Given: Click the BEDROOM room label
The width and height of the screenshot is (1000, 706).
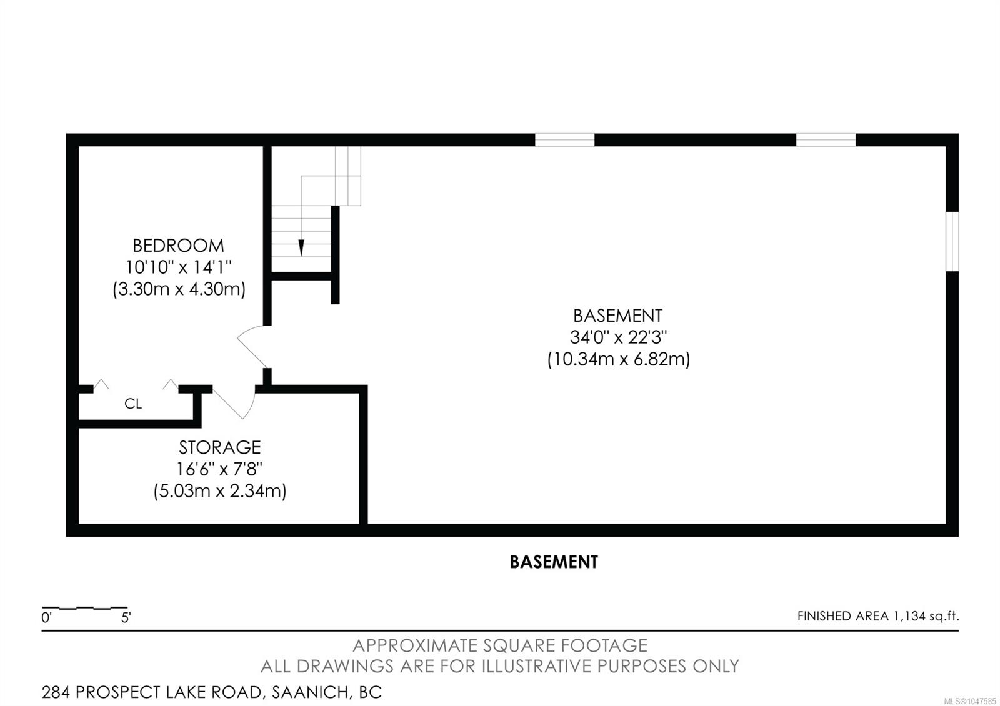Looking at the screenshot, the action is (x=178, y=246).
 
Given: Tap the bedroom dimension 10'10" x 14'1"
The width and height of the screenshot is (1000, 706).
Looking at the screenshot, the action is (x=178, y=267).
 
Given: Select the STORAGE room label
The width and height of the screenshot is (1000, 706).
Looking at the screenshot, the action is (x=219, y=447).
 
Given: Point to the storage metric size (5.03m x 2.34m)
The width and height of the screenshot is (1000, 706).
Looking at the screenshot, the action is (x=219, y=491).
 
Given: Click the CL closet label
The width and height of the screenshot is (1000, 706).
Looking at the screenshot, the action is (x=133, y=404).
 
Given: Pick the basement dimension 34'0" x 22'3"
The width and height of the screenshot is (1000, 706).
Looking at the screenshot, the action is (x=618, y=337).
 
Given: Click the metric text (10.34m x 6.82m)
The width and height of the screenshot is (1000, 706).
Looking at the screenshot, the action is (x=618, y=359).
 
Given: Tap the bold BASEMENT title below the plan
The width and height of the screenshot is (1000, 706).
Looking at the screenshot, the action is (x=554, y=562).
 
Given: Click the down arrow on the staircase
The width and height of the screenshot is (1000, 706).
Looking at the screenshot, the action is (x=301, y=247).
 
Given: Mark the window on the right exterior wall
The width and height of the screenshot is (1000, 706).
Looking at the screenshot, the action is (x=952, y=241).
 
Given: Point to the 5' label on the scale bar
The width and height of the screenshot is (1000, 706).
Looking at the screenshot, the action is (x=126, y=618).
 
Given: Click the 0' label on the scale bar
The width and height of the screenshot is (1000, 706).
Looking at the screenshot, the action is (x=46, y=618).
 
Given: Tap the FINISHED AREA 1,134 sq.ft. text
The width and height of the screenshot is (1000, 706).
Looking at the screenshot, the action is (x=878, y=616).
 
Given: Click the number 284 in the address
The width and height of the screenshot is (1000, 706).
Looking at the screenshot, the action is (x=56, y=692).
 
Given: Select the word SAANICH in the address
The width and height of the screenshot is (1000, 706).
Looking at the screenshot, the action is (x=311, y=692).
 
